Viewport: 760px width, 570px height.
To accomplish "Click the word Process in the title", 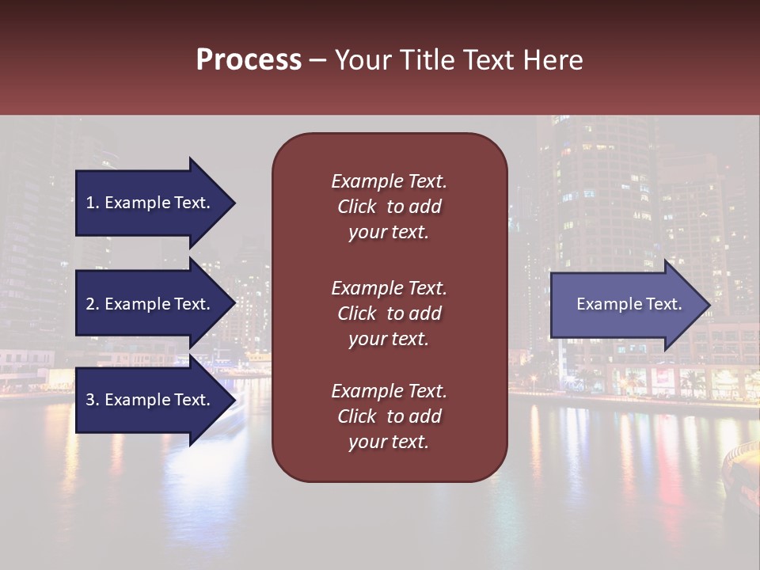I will (x=249, y=60).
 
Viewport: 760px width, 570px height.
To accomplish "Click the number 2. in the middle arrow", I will (x=93, y=304).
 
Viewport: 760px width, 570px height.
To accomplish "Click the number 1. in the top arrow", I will (x=93, y=203).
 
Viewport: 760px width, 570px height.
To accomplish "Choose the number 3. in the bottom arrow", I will (x=93, y=400).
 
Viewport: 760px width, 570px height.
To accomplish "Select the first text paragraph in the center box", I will (x=389, y=207).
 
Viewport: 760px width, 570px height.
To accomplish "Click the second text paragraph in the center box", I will (x=389, y=313).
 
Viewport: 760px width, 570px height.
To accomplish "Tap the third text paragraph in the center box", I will (x=389, y=416).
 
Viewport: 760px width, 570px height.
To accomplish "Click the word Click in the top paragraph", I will (x=357, y=207).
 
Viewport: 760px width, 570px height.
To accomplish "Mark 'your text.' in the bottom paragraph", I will (x=389, y=442).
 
